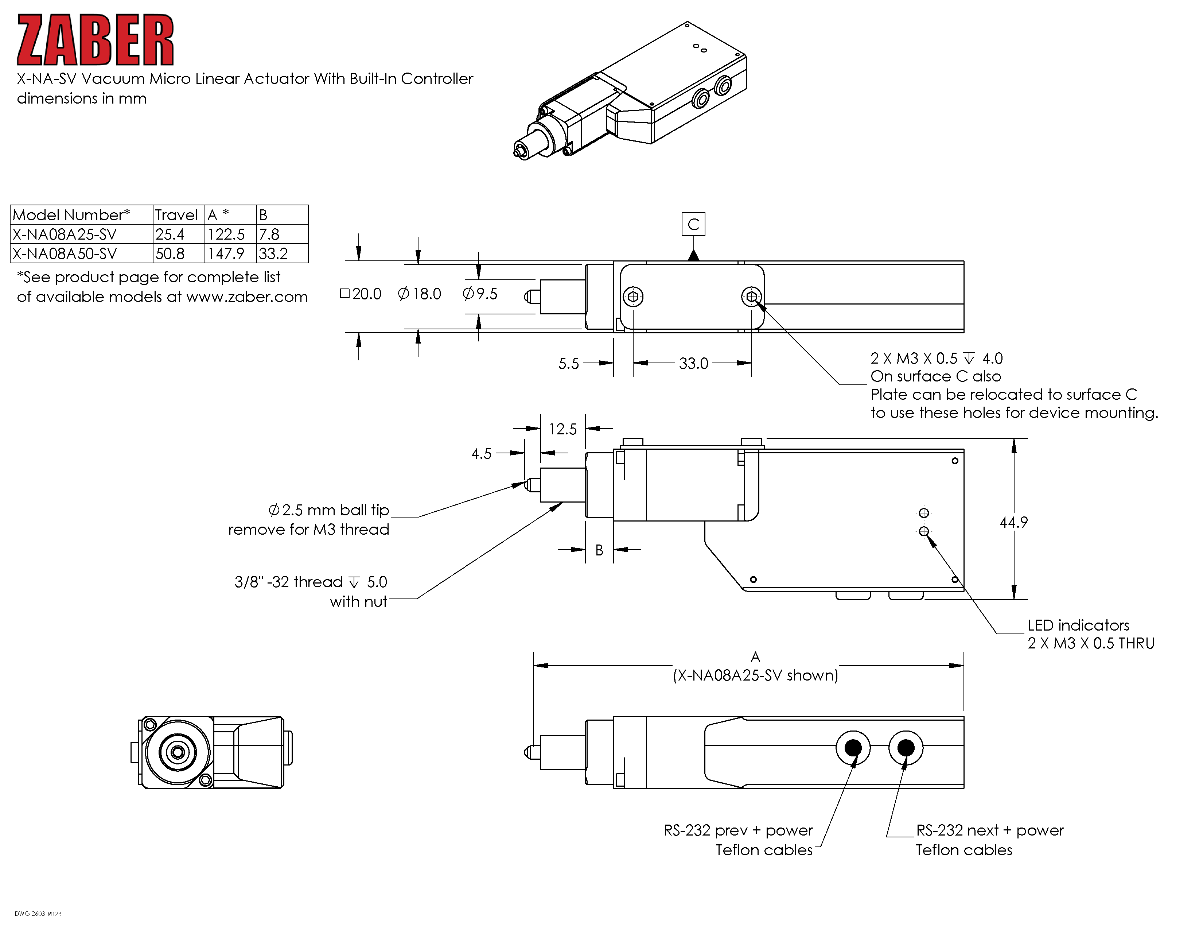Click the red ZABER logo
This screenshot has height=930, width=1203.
point(95,40)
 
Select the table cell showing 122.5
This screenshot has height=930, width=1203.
point(226,234)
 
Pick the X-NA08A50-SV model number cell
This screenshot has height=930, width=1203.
point(65,254)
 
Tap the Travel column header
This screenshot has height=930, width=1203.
point(176,215)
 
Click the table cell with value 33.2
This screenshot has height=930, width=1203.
point(274,254)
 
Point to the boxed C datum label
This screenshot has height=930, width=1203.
point(693,224)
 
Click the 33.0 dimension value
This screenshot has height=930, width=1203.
point(693,364)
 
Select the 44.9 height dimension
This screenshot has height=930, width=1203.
point(1013,522)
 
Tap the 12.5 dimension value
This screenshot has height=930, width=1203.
point(562,429)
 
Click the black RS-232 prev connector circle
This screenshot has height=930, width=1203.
point(853,748)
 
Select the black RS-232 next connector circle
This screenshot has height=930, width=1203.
point(906,748)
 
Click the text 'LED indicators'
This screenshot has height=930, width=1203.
point(1078,625)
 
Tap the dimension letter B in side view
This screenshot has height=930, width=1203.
point(599,550)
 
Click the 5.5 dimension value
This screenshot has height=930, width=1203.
point(568,364)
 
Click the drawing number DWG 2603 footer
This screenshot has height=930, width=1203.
point(38,914)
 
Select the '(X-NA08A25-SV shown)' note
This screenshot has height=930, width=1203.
point(755,675)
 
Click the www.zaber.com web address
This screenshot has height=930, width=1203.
point(247,297)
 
